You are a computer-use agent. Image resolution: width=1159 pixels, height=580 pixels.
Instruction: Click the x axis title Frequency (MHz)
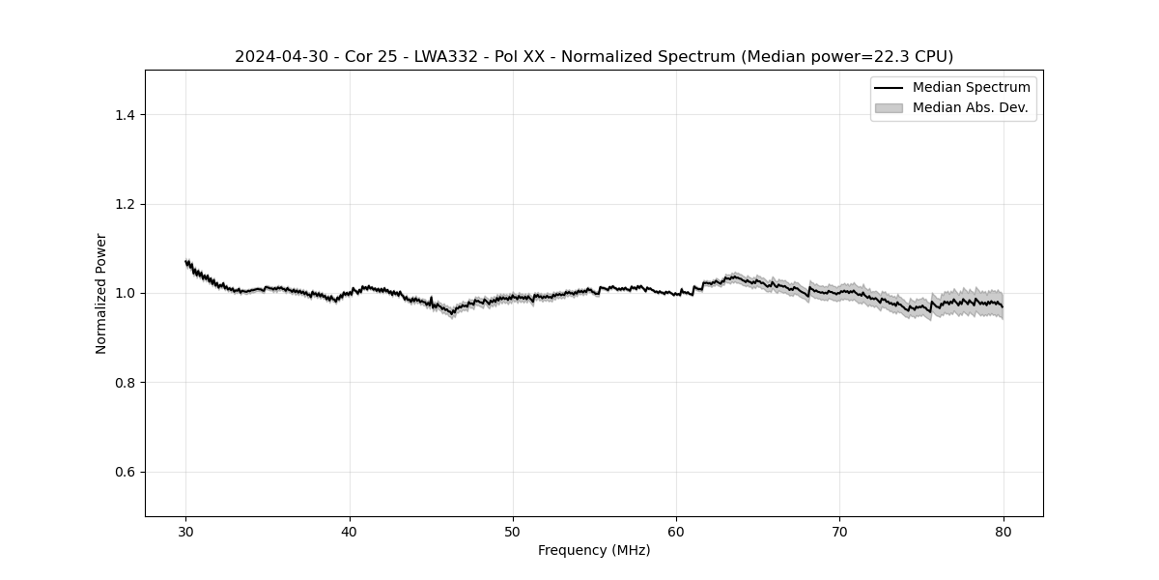tap(594, 550)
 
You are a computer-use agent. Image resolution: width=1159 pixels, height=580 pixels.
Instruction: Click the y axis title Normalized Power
tap(101, 293)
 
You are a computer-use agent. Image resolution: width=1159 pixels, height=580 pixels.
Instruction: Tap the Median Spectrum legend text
tap(971, 88)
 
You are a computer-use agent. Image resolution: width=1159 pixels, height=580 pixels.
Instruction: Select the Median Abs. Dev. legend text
tap(970, 107)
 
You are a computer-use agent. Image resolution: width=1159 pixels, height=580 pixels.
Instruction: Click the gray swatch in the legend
tap(889, 107)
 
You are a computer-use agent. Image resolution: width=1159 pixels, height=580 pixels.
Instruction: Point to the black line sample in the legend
tap(889, 88)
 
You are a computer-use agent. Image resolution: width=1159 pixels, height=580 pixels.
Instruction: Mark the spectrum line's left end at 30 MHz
tap(186, 262)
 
